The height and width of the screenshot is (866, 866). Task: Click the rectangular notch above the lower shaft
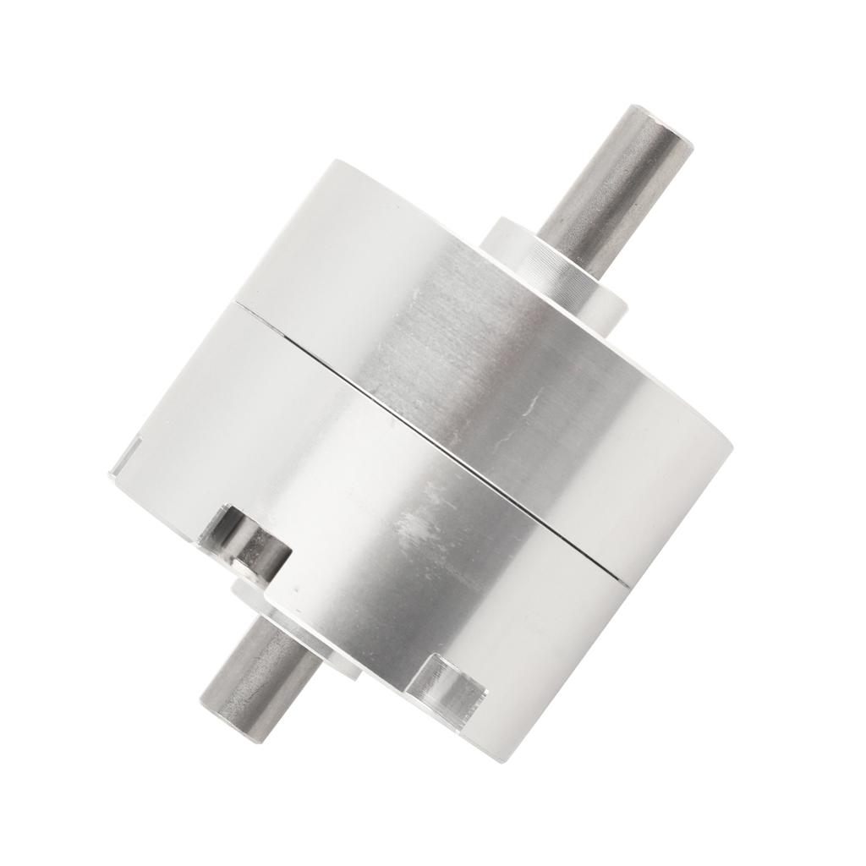245,536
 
